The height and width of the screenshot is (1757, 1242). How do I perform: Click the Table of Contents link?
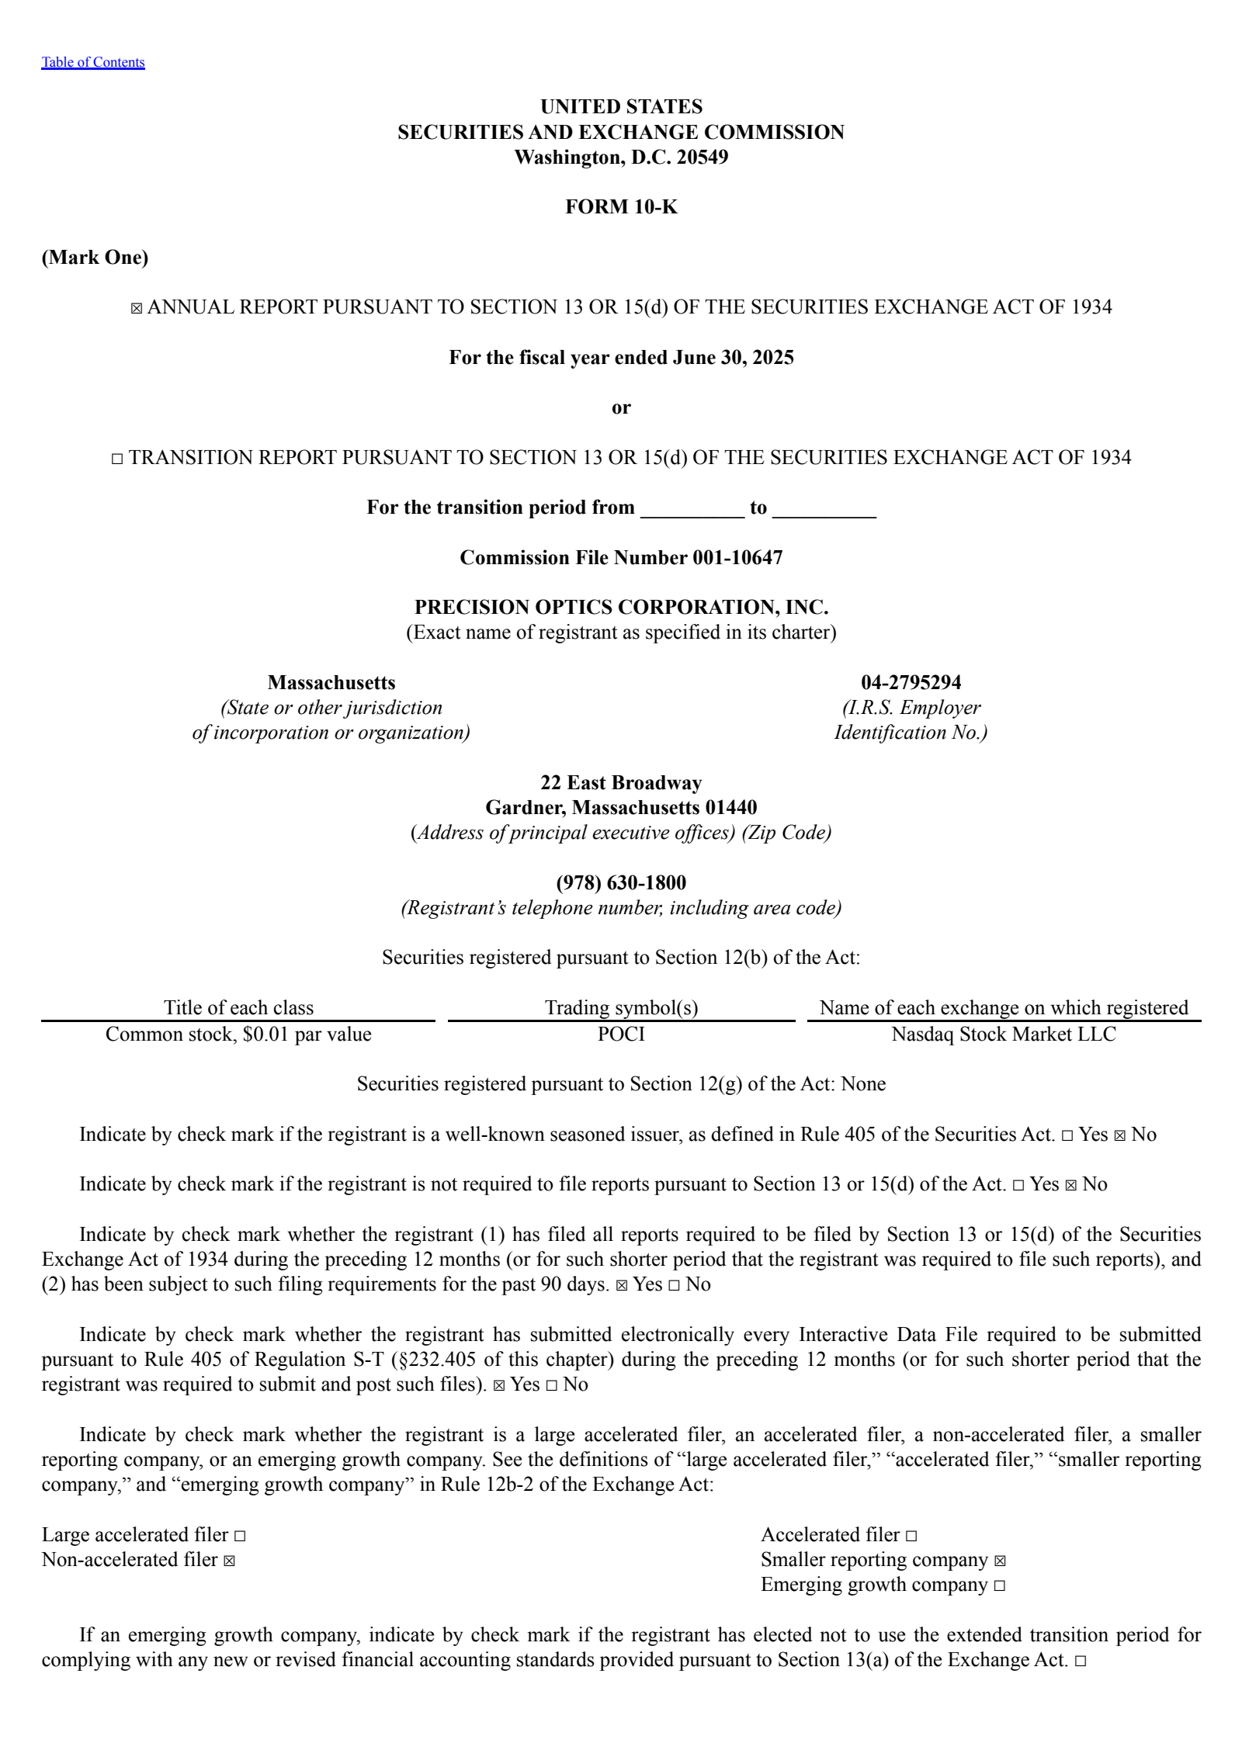point(93,62)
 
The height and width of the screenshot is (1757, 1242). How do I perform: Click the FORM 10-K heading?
point(621,206)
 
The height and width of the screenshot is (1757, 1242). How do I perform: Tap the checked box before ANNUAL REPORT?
point(137,308)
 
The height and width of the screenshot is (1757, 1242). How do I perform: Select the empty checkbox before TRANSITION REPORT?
point(117,459)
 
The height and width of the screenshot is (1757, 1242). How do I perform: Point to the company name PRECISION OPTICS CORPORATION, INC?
point(621,607)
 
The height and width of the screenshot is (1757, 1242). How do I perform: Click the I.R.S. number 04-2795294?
point(911,682)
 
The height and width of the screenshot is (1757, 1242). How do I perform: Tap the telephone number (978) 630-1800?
point(621,882)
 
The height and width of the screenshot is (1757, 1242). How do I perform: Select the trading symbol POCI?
point(621,1034)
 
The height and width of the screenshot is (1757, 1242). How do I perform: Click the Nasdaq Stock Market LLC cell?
point(1003,1034)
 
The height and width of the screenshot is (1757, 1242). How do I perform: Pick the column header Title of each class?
point(238,1007)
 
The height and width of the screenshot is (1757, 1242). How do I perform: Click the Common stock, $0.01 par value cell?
point(238,1034)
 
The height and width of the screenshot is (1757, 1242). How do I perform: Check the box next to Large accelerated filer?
point(240,1536)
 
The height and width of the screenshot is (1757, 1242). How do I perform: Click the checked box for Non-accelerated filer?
point(229,1561)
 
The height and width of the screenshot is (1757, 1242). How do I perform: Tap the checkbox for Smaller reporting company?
point(1000,1561)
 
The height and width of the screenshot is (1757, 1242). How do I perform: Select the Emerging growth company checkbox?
point(999,1585)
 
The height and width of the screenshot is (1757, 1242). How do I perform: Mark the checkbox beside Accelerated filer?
point(911,1536)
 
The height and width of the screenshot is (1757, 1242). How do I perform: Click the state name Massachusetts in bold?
point(331,682)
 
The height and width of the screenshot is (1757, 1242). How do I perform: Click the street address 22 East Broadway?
point(621,782)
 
